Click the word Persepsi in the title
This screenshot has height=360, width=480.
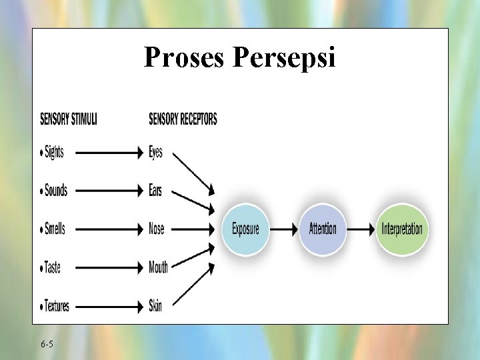(x=285, y=59)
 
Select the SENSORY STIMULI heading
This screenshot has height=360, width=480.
(x=69, y=119)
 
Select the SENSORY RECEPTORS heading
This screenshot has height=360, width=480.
(x=183, y=119)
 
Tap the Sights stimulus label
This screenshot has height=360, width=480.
(x=53, y=152)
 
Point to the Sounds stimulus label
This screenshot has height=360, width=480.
(x=55, y=191)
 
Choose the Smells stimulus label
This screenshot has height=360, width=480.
(x=54, y=229)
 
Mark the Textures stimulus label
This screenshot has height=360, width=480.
(x=56, y=306)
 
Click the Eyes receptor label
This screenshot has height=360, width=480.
(x=155, y=152)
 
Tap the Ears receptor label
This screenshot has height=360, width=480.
(x=155, y=191)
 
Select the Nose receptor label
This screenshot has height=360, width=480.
(x=156, y=229)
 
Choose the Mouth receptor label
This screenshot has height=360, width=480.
(x=158, y=267)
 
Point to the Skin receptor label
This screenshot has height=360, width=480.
(x=155, y=306)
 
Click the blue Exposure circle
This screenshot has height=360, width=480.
(x=245, y=229)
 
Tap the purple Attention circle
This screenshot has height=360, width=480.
(x=323, y=229)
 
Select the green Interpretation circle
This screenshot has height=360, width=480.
(x=401, y=229)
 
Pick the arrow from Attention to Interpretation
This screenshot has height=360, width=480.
(x=362, y=229)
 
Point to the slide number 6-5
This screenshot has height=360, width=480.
(x=47, y=344)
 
